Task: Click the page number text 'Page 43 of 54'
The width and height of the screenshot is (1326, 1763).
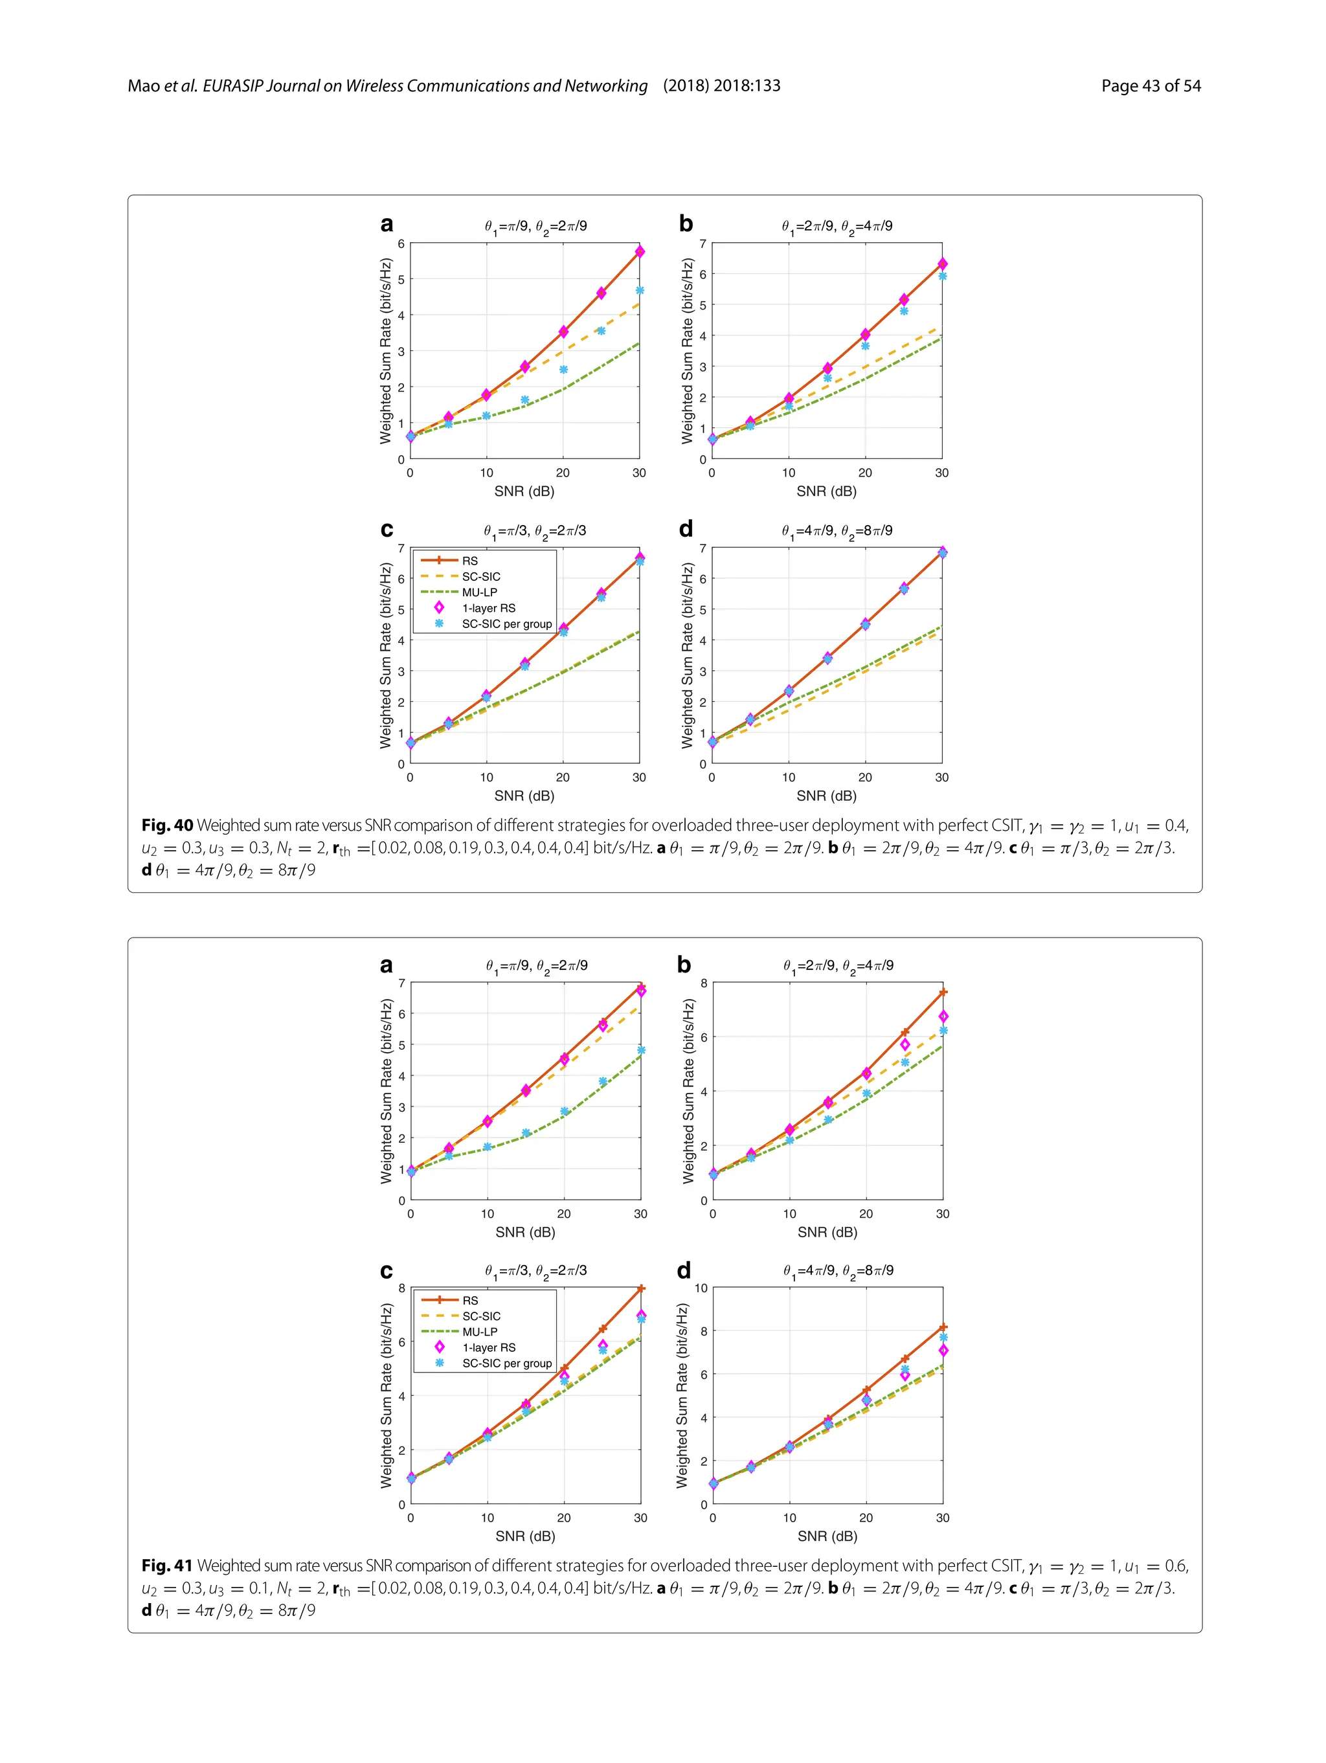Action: [x=1150, y=86]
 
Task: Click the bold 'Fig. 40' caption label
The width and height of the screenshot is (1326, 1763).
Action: [x=167, y=825]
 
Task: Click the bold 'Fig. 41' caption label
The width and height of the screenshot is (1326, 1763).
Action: [x=167, y=1566]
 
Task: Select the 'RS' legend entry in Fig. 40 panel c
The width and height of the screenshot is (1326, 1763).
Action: [x=469, y=560]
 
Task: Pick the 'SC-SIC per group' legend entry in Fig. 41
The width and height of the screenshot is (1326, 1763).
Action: [x=507, y=1363]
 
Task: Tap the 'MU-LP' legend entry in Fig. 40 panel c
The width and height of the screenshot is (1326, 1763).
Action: [x=479, y=592]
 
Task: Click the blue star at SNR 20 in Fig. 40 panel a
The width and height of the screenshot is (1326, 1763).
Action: [x=563, y=370]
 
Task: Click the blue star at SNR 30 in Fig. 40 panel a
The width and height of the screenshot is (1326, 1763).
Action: [x=640, y=291]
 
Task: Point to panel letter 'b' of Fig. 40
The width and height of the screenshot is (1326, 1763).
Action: [x=685, y=224]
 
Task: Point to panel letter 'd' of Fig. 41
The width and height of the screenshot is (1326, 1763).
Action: [x=684, y=1270]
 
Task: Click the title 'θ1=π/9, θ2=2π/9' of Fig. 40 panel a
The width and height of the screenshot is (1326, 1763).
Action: [x=535, y=227]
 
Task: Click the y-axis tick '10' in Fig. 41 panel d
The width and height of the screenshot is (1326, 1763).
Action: [x=701, y=1287]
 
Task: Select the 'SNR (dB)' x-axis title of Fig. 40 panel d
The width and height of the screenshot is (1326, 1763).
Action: [x=826, y=796]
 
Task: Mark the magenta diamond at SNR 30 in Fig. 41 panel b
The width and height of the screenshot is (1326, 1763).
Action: [x=943, y=1017]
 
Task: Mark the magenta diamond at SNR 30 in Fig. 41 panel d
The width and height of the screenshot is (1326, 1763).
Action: [x=943, y=1351]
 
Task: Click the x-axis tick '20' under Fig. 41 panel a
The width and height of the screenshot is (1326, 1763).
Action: [x=564, y=1213]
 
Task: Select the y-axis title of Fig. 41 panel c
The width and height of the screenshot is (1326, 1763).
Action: [x=387, y=1395]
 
